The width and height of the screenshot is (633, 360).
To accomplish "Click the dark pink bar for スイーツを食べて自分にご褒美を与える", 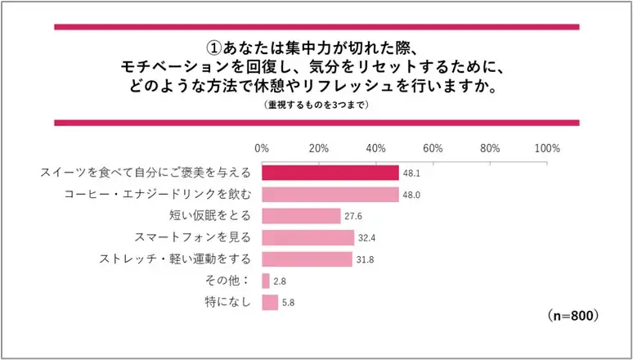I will [330, 173].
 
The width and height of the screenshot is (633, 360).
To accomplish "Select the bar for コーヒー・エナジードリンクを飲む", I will [330, 195].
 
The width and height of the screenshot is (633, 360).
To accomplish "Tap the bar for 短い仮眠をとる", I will [300, 216].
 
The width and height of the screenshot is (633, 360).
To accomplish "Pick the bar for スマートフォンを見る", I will [308, 238].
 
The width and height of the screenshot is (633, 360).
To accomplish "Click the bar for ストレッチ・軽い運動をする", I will [307, 259].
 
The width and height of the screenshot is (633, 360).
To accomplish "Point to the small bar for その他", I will [266, 281].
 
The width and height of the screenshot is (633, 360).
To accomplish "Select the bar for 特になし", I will [270, 303].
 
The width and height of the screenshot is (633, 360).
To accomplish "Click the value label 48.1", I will [411, 173].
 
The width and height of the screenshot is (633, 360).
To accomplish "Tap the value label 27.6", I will [352, 217].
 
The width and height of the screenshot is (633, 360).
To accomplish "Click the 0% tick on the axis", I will [263, 149].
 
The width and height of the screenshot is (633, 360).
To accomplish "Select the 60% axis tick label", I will [433, 149].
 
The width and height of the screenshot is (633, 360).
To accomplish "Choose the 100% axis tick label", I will [546, 149].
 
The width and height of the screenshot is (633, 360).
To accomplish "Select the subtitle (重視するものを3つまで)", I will [316, 106].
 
